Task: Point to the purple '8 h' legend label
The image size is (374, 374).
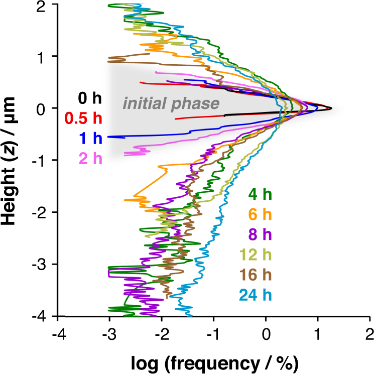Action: tap(260, 235)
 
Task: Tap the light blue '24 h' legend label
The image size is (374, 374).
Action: tap(255, 296)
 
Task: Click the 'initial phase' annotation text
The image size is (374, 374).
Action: tap(171, 104)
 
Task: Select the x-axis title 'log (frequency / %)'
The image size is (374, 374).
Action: tap(214, 361)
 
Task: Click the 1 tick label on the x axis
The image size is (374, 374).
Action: tap(318, 333)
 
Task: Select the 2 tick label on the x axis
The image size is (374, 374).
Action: tap(370, 333)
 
